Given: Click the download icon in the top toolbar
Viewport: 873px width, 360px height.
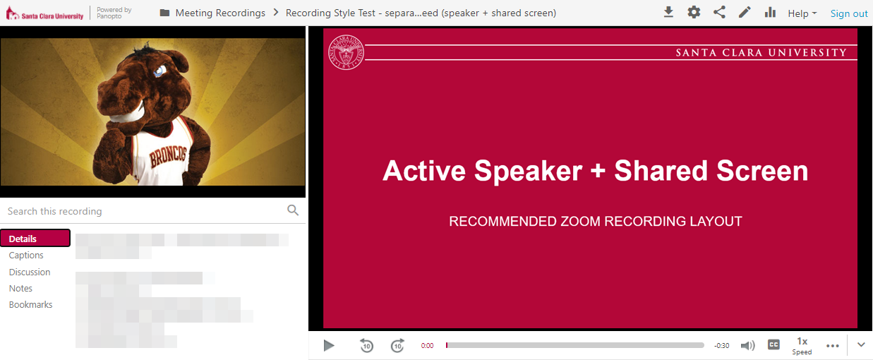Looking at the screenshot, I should pos(668,13).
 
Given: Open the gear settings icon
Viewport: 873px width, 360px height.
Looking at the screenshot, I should pos(694,13).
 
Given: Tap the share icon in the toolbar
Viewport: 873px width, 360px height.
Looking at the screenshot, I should pos(719,13).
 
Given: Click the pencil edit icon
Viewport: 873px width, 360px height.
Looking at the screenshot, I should pos(745,13).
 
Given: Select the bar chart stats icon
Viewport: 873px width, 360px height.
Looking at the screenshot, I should pos(770,13).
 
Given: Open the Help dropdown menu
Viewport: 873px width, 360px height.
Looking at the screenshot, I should pos(802,13).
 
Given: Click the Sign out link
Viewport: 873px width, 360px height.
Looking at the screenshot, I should pos(849,13).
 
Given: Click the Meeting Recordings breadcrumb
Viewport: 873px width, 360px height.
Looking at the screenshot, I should pos(219,13).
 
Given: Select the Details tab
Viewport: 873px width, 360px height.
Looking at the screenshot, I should pos(35,239).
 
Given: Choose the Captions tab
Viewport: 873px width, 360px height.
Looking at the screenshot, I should pos(26,256).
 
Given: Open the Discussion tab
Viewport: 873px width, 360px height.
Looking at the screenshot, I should pos(30,272).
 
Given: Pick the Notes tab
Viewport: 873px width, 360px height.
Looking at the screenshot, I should pos(20,288).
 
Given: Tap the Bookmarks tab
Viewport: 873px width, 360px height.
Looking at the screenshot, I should pos(30,305).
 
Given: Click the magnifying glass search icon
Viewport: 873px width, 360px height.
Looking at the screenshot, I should pos(293,210).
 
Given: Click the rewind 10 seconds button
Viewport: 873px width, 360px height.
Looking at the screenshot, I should pos(366,345).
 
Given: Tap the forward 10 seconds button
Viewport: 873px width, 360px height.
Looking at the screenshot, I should pos(397,345).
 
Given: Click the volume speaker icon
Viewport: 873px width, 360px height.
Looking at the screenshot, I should pos(747,345).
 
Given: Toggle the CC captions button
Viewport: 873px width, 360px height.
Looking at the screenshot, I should pos(773,345).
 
